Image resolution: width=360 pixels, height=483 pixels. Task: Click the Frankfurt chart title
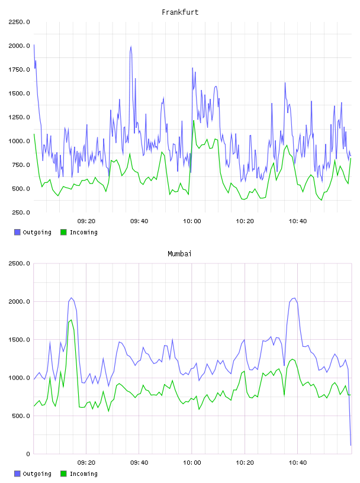click(180, 12)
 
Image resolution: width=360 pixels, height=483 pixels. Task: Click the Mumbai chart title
click(179, 254)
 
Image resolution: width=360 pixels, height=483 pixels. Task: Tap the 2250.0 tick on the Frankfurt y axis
click(20, 22)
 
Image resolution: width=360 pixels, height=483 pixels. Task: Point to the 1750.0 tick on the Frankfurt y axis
click(20, 70)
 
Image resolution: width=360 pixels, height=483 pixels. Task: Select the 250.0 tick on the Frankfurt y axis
click(21, 212)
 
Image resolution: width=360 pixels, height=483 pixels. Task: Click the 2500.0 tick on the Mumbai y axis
click(20, 263)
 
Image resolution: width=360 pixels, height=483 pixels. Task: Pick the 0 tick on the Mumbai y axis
click(28, 454)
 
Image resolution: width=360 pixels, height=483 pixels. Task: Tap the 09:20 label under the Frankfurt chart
click(86, 221)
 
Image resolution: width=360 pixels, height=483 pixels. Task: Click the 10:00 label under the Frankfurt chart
click(192, 221)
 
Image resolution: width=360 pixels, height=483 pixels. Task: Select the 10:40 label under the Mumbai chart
click(298, 463)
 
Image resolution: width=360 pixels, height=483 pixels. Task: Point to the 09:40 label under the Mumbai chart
click(139, 463)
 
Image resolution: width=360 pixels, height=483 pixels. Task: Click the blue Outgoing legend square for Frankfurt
click(17, 232)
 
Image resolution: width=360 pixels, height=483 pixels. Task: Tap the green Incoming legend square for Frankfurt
click(63, 232)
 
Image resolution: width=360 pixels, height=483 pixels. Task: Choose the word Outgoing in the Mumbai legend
click(37, 474)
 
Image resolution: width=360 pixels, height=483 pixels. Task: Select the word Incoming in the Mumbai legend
click(83, 474)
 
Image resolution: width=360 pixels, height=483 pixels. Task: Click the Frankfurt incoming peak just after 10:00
click(194, 120)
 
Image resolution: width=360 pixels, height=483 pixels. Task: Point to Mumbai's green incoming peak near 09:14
click(71, 320)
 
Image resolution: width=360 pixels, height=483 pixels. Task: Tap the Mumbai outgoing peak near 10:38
click(295, 298)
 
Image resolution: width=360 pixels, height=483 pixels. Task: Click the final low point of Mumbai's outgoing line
click(351, 445)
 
